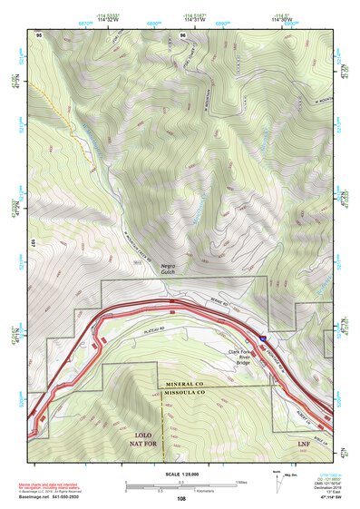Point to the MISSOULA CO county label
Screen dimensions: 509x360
(187, 393)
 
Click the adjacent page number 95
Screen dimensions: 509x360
(40, 34)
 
